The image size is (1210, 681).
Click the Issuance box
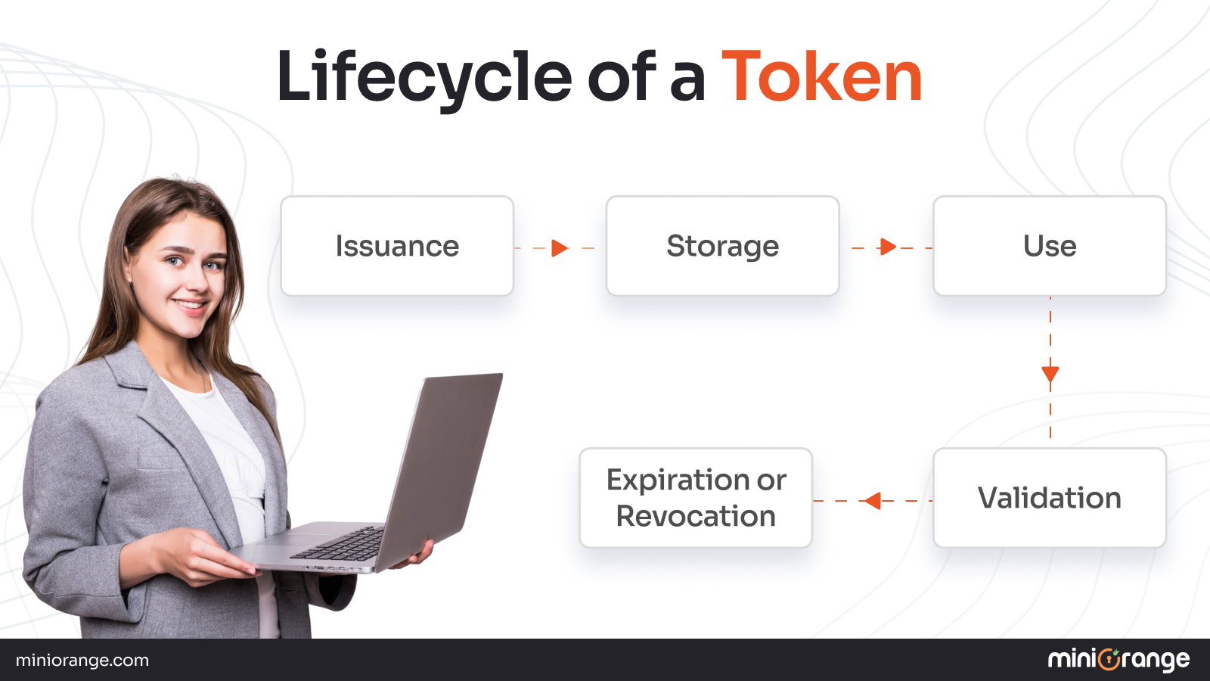click(397, 246)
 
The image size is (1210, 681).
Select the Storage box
click(722, 246)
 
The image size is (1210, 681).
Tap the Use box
click(1050, 246)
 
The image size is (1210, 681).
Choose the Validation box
click(1050, 498)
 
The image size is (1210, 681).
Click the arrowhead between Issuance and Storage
click(560, 247)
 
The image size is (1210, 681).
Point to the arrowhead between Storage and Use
click(888, 247)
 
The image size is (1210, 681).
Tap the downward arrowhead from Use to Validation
click(1050, 375)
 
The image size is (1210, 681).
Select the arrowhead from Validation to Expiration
click(873, 501)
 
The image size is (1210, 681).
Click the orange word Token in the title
click(822, 76)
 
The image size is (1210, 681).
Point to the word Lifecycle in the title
click(424, 76)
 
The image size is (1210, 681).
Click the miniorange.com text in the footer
click(82, 661)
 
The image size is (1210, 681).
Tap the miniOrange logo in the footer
click(1118, 660)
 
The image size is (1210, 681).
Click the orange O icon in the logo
click(1109, 660)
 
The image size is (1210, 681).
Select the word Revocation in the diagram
click(696, 516)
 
